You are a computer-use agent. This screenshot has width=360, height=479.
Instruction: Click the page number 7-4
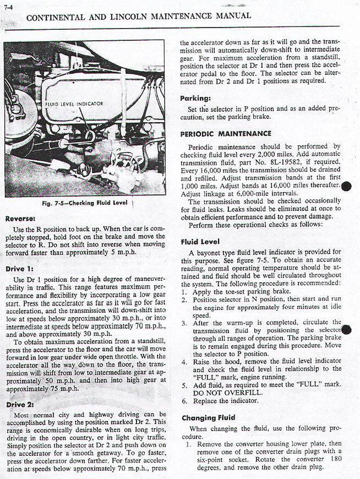point(8,7)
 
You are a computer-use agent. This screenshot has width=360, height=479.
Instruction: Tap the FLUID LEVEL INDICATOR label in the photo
point(74,103)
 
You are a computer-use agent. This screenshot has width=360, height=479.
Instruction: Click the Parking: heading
point(195,99)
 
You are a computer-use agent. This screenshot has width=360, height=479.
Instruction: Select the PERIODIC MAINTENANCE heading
point(226,134)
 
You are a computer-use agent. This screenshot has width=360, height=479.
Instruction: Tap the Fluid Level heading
point(200,242)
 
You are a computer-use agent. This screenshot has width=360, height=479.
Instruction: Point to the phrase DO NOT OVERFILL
point(227,393)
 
